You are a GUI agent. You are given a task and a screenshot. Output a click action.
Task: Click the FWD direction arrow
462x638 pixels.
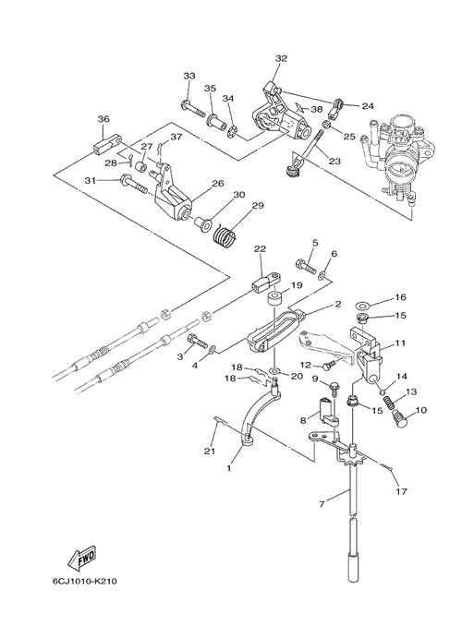point(82,558)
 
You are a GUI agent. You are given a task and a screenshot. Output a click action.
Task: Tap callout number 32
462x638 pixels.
point(281,58)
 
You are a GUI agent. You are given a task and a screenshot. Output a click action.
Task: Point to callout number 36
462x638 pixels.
point(103,119)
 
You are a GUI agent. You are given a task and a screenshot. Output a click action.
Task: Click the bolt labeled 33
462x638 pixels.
point(194,108)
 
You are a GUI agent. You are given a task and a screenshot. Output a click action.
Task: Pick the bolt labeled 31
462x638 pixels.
point(133,184)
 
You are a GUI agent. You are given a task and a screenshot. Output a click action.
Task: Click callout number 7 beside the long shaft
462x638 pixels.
point(322,504)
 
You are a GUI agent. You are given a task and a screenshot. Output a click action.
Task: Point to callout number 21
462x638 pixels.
point(210,451)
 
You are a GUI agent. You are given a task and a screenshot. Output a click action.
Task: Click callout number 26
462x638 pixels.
point(218,184)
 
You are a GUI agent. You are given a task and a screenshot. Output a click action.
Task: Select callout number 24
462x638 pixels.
point(368,106)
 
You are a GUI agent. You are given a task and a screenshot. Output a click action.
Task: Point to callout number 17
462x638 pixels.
point(401,492)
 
